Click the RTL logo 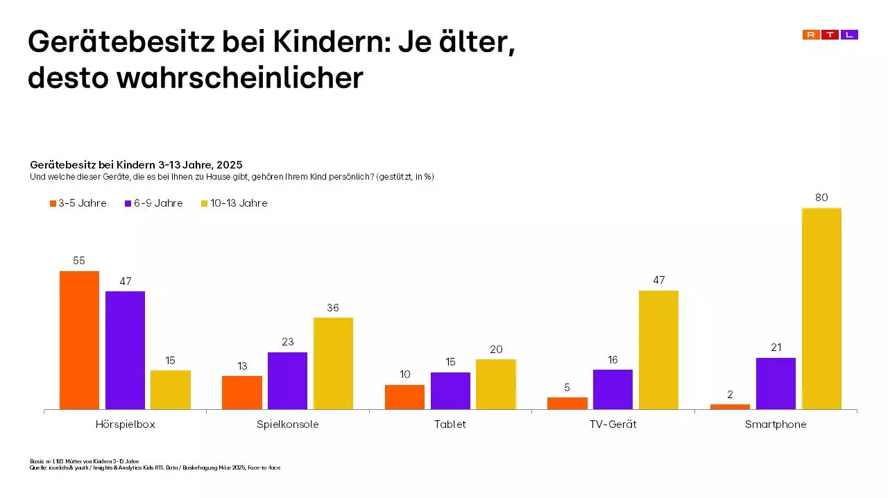pyautogui.click(x=830, y=35)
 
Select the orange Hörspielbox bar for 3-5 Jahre pyautogui.click(x=79, y=340)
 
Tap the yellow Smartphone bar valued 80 pyautogui.click(x=821, y=309)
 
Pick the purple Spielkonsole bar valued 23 pyautogui.click(x=287, y=381)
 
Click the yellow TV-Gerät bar pyautogui.click(x=658, y=350)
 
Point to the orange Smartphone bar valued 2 pyautogui.click(x=731, y=406)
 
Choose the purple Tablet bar pyautogui.click(x=450, y=390)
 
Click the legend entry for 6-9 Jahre pyautogui.click(x=153, y=203)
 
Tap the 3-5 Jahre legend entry pyautogui.click(x=78, y=203)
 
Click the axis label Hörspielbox pyautogui.click(x=125, y=424)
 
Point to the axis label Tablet pyautogui.click(x=450, y=424)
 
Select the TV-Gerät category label pyautogui.click(x=613, y=424)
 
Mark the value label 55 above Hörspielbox pyautogui.click(x=79, y=261)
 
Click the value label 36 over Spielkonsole pyautogui.click(x=333, y=307)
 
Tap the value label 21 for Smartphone pyautogui.click(x=776, y=347)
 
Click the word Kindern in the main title pyautogui.click(x=330, y=43)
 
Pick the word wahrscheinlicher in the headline pyautogui.click(x=239, y=78)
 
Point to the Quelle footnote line pyautogui.click(x=154, y=467)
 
